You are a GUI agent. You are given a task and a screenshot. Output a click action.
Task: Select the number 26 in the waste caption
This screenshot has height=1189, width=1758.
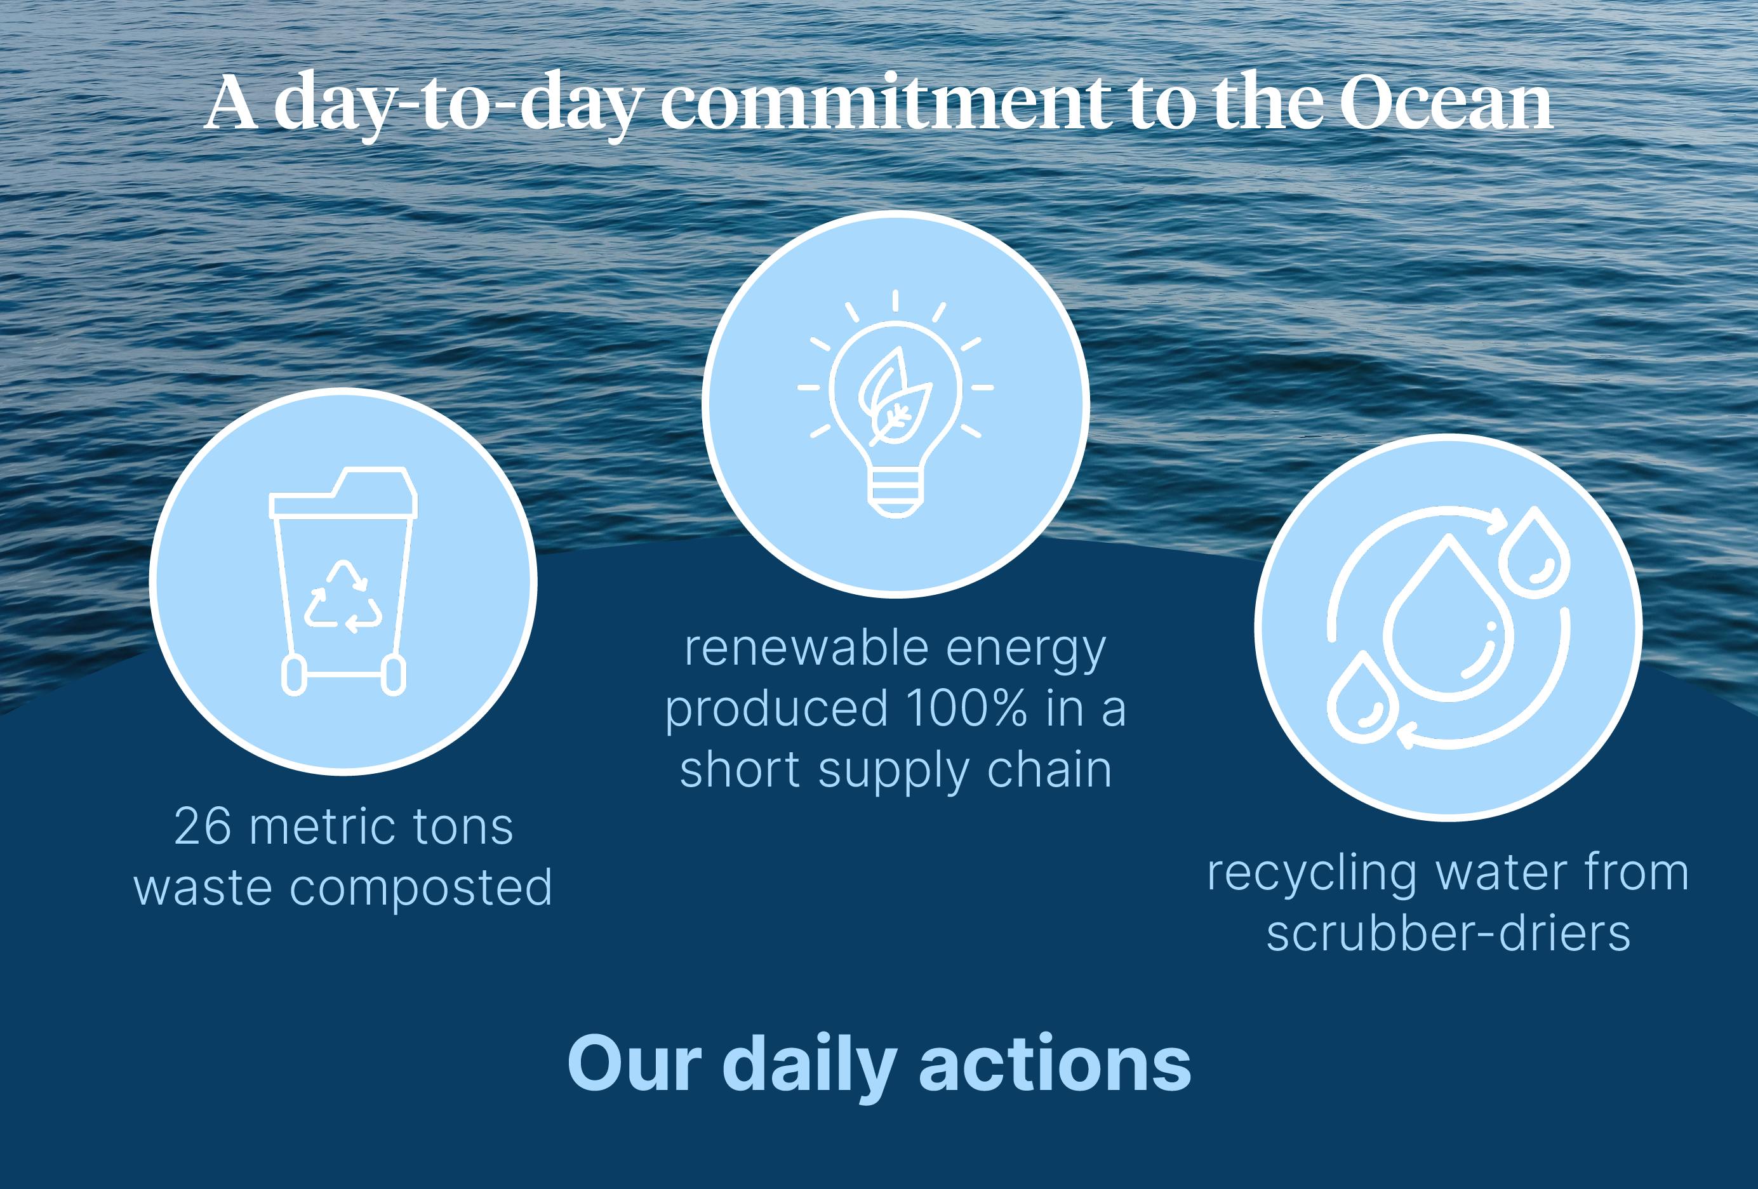(x=202, y=826)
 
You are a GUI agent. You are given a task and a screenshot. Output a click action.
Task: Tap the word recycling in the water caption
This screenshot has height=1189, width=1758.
(x=1312, y=873)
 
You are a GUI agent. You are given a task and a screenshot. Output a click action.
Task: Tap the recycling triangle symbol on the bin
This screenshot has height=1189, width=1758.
(x=343, y=596)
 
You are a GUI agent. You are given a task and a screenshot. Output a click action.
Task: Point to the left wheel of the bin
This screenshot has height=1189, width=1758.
(x=294, y=675)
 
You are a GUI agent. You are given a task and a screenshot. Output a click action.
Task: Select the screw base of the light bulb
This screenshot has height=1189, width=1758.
(x=896, y=495)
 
